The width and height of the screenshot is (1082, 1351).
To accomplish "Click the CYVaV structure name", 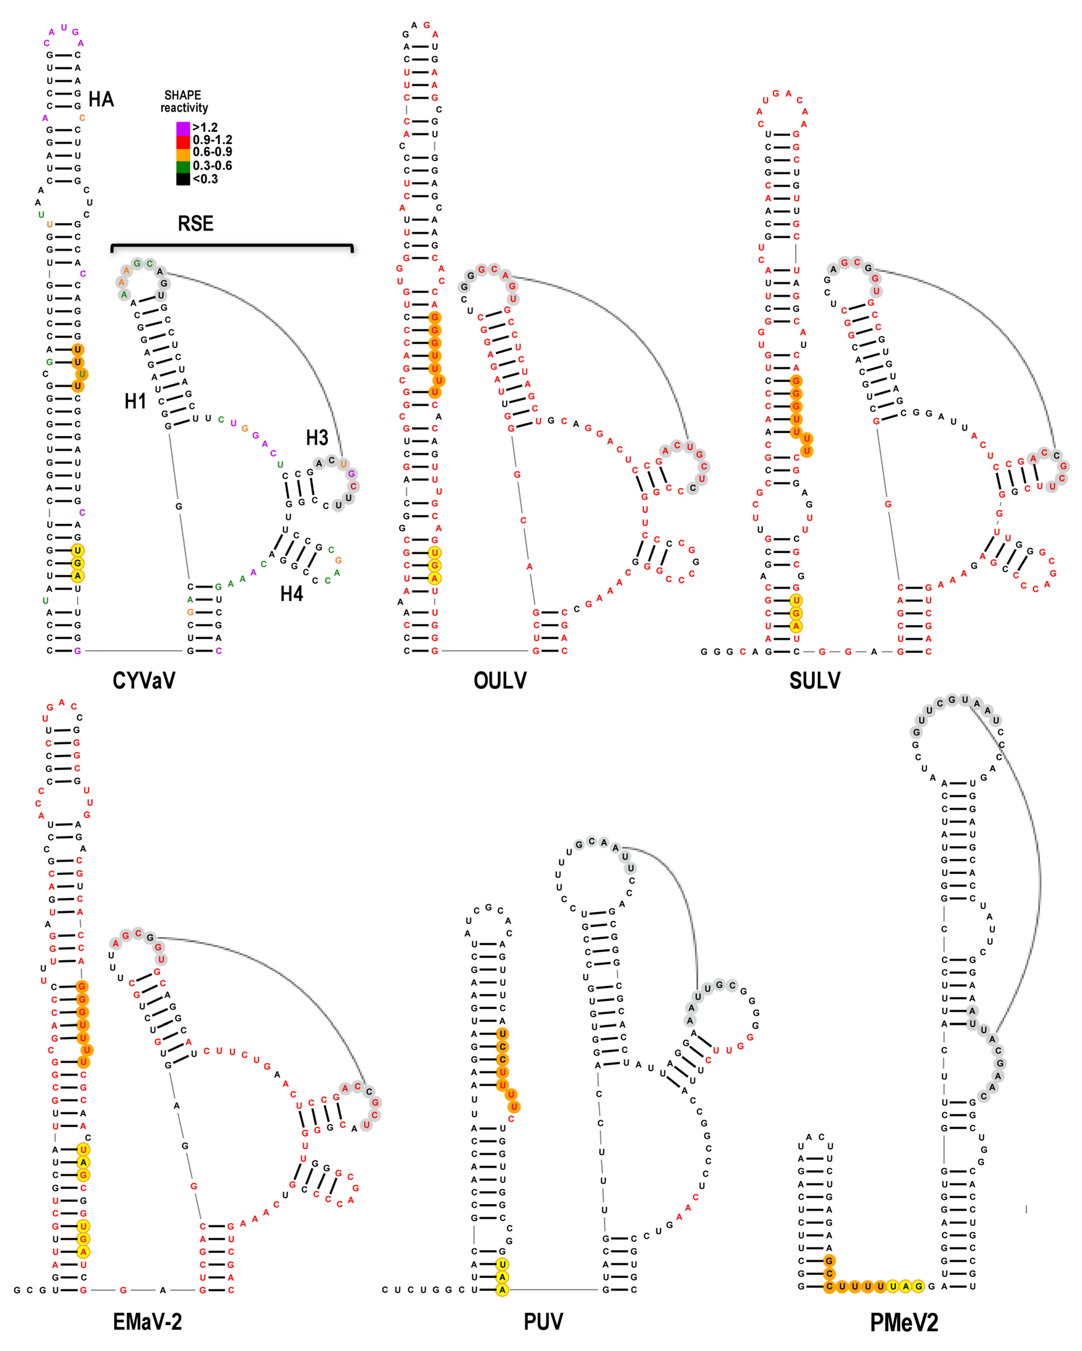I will tap(144, 681).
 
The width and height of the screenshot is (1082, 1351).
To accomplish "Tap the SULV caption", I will tap(815, 681).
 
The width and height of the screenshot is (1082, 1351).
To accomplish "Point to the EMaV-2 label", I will tap(147, 1322).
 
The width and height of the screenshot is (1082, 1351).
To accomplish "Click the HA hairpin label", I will tap(101, 99).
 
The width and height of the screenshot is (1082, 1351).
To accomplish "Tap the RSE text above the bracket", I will tap(195, 224).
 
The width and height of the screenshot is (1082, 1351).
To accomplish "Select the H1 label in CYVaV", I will tap(135, 401).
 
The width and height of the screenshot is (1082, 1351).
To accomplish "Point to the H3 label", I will tap(317, 437).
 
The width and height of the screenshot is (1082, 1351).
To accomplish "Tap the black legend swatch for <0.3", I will tap(183, 179).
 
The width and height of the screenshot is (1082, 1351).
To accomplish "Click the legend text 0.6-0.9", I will tap(212, 152).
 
